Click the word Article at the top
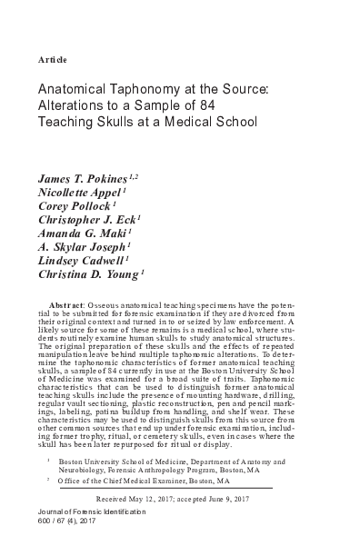pos(54,59)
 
